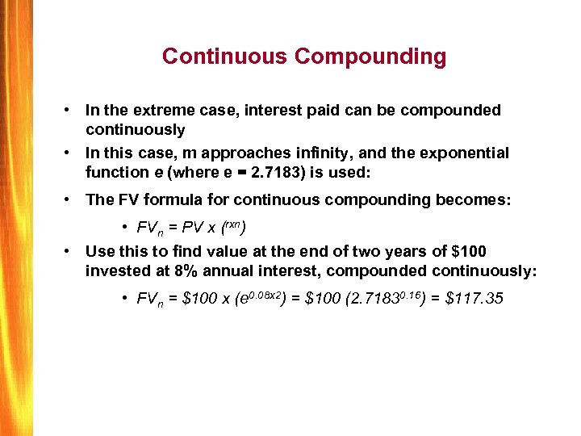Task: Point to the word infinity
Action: click(x=329, y=153)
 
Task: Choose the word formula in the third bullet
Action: click(x=182, y=199)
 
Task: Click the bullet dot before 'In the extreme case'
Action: click(x=72, y=110)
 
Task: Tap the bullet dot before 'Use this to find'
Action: click(x=72, y=252)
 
